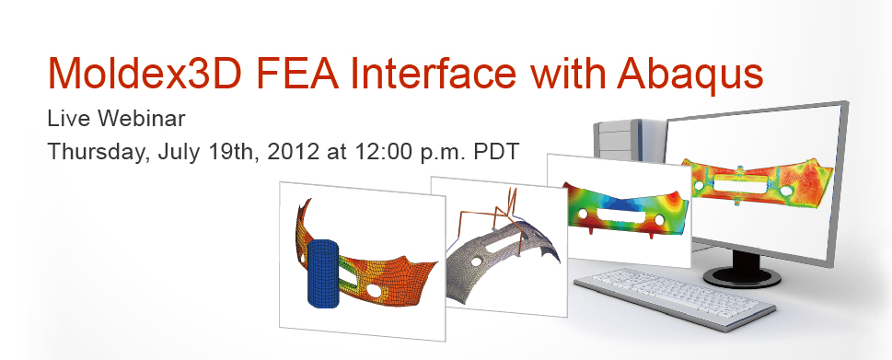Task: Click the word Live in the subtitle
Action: [65, 120]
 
